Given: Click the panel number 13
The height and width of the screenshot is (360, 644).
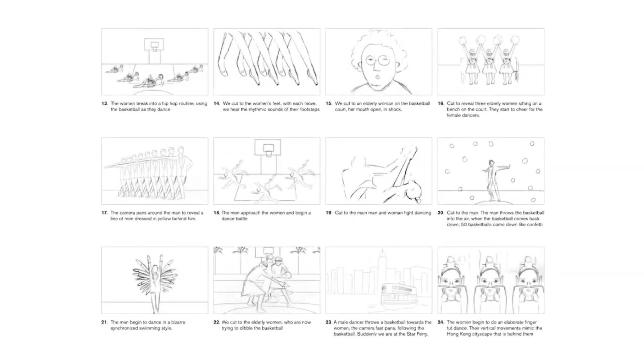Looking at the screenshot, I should [104, 103].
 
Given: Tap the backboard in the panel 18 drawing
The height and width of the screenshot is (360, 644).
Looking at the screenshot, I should [268, 147].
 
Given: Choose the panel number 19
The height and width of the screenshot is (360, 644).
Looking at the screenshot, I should [328, 213].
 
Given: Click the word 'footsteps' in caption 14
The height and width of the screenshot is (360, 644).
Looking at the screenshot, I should [310, 109].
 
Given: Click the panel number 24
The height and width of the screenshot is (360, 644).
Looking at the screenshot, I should [441, 322].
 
